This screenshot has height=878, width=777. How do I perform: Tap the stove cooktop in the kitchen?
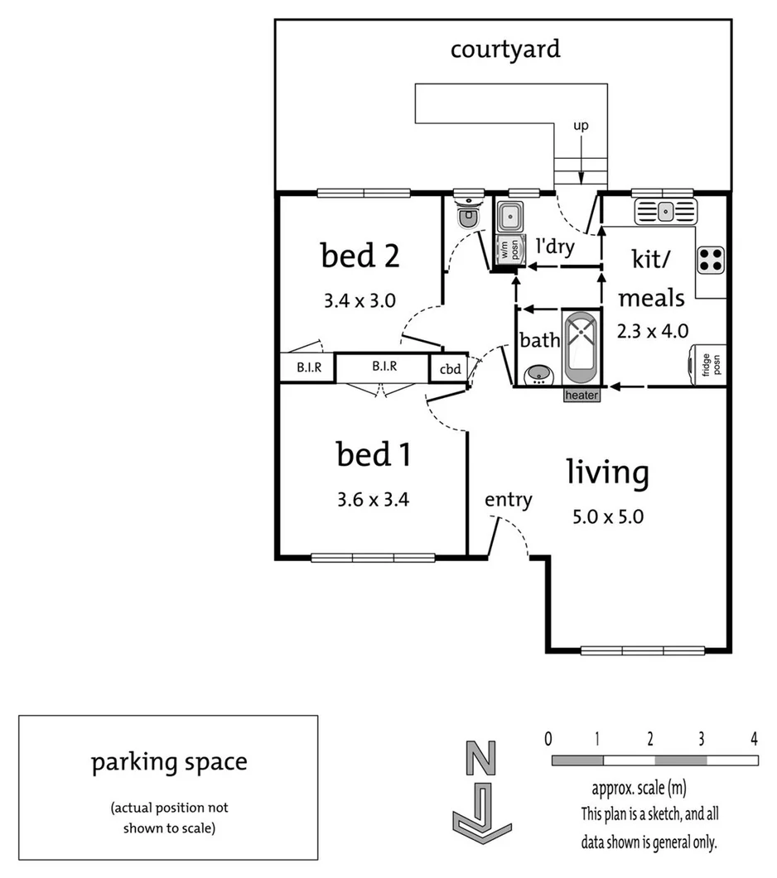click(711, 260)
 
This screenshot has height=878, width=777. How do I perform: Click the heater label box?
click(582, 396)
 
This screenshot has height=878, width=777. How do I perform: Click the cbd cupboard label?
click(449, 368)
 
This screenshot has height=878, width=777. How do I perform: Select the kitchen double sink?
click(665, 212)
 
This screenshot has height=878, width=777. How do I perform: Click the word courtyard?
click(505, 49)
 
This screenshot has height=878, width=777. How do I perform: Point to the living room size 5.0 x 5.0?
click(608, 517)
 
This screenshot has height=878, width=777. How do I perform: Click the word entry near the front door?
click(508, 499)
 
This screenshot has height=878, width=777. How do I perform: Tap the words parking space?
click(169, 761)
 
